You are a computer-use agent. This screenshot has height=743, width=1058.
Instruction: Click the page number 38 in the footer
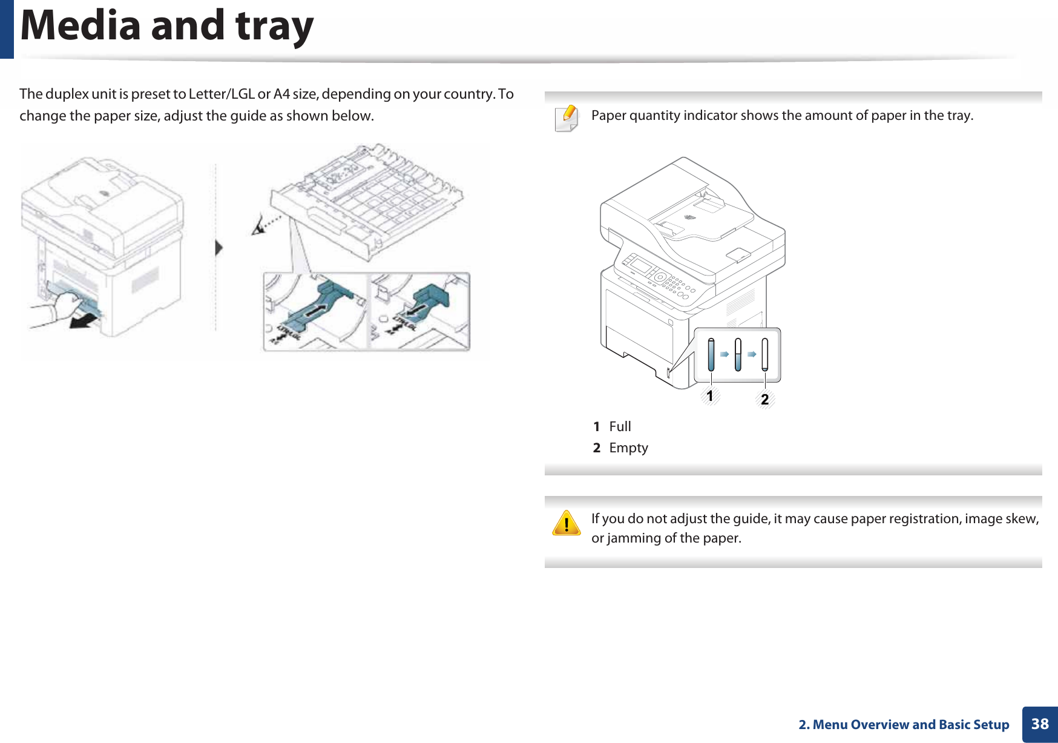point(1040,724)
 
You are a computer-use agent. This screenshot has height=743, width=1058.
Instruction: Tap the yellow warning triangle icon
point(567,524)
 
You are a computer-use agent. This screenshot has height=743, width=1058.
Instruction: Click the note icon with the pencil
point(567,117)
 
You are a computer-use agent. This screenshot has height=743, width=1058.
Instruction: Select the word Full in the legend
point(620,426)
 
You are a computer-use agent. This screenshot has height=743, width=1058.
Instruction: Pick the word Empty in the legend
point(628,447)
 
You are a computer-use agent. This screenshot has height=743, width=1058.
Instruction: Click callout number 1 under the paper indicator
point(710,397)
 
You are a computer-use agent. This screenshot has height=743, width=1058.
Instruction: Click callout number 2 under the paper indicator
point(765,400)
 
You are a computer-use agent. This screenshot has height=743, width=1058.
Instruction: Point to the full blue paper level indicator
point(711,354)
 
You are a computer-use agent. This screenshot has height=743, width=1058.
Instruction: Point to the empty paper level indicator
point(765,354)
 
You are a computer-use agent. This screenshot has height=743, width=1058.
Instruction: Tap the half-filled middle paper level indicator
point(738,354)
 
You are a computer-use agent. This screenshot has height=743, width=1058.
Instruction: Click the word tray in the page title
point(274,25)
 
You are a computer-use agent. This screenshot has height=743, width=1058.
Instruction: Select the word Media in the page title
point(80,25)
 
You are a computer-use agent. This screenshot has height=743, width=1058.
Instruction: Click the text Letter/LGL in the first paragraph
point(222,94)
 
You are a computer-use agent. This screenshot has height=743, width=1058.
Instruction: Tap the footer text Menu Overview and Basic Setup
point(910,724)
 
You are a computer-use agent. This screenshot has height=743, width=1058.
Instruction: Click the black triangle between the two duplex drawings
point(219,248)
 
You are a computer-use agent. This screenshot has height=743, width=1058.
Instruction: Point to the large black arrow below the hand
point(85,321)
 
